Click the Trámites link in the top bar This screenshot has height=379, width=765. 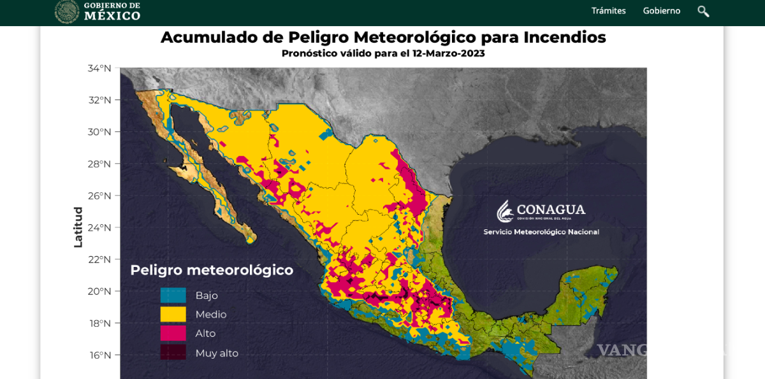point(608,11)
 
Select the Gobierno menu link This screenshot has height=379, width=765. point(661,11)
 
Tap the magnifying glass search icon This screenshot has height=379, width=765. point(703,11)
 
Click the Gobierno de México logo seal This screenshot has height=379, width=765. point(67,11)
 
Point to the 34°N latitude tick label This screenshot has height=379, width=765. point(99,68)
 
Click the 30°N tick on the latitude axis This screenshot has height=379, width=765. point(99,132)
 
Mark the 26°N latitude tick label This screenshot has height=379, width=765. point(99,196)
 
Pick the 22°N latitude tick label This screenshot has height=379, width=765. point(99,259)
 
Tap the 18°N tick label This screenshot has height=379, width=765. point(100,323)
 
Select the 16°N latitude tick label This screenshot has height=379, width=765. point(100,355)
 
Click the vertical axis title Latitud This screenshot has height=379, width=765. point(78,227)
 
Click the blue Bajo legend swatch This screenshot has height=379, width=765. point(173,296)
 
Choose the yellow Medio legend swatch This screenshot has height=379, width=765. point(173,314)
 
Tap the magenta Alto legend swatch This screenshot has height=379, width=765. point(173,333)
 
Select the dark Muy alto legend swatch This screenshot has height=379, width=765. point(173,352)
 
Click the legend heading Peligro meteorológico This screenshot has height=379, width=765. point(212,270)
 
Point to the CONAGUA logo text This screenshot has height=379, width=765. point(550,210)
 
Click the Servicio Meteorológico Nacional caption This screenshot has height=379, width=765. point(541,232)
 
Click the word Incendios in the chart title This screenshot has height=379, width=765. point(564,37)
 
